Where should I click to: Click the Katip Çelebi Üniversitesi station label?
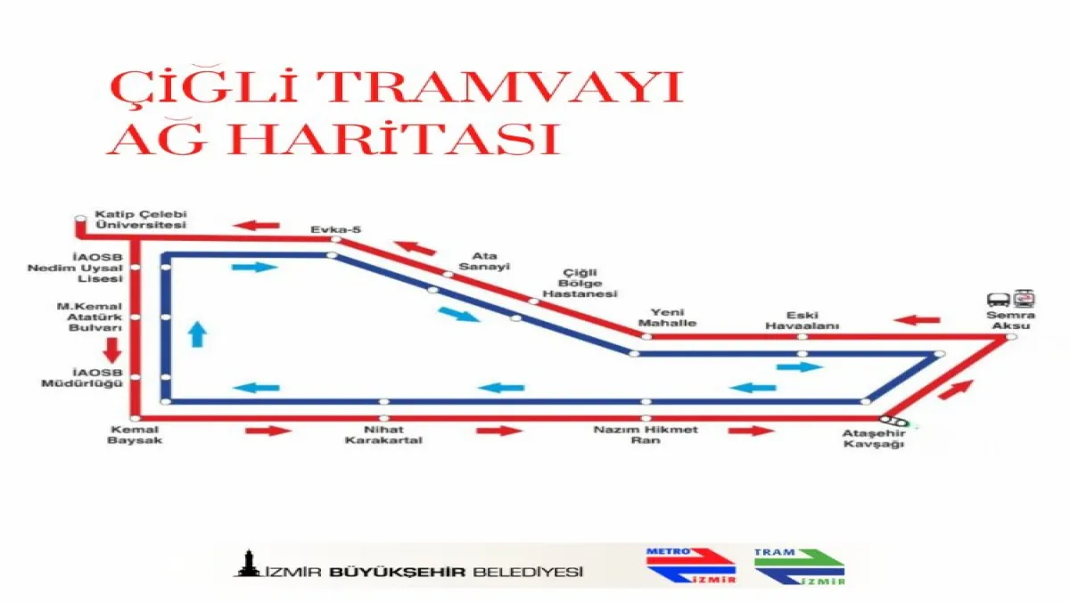[141, 219]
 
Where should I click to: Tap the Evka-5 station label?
[336, 230]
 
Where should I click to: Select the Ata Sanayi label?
[484, 261]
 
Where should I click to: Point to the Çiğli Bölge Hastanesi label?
[580, 284]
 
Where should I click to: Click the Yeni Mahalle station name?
[667, 317]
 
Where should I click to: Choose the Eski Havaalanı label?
[802, 320]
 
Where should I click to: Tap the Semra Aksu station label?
[1011, 320]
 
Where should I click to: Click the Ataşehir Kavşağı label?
[874, 439]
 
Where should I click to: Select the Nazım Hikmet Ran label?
[646, 435]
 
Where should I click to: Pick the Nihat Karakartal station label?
[383, 435]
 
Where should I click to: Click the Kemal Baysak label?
[135, 435]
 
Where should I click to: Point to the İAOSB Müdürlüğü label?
[82, 378]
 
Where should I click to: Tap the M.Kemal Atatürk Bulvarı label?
[89, 317]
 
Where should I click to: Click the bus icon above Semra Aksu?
[999, 300]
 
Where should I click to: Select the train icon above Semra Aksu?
[1025, 298]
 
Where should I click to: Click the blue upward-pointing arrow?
[197, 334]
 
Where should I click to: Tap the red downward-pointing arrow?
[112, 350]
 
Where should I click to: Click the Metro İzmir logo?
[691, 566]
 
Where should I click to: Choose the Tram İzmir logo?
[799, 566]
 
